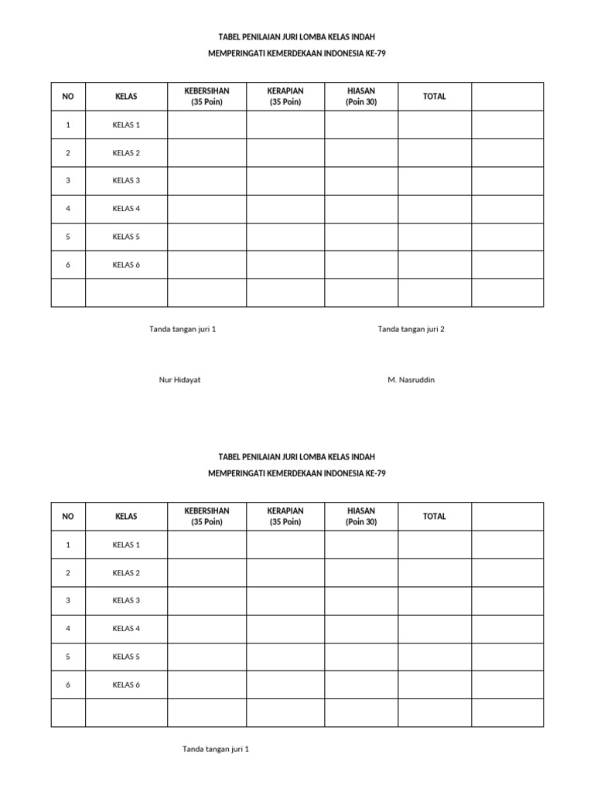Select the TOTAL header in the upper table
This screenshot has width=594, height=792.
pos(435,97)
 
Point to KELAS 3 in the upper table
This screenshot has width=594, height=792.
pos(126,181)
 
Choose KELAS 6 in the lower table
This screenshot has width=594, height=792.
pos(126,684)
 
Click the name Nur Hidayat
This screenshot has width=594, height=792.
pos(179,380)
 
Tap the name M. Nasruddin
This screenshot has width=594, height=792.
pos(411,380)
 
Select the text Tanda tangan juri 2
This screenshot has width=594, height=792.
pos(411,329)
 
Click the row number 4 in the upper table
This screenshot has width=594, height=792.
pos(68,209)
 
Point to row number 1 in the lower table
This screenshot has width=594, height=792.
pos(68,545)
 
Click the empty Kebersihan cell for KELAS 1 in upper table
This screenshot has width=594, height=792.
pos(207,125)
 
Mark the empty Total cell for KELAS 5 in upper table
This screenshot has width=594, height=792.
pos(435,237)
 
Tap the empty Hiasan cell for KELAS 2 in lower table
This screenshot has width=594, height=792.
pos(361,573)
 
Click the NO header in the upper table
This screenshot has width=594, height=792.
pos(68,97)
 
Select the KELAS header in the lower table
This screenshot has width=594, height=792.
pos(126,517)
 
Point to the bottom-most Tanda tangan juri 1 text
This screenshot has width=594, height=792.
pos(216,749)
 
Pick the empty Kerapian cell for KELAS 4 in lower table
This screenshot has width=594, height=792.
pos(285,629)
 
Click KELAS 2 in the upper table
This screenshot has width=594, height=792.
pos(126,153)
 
